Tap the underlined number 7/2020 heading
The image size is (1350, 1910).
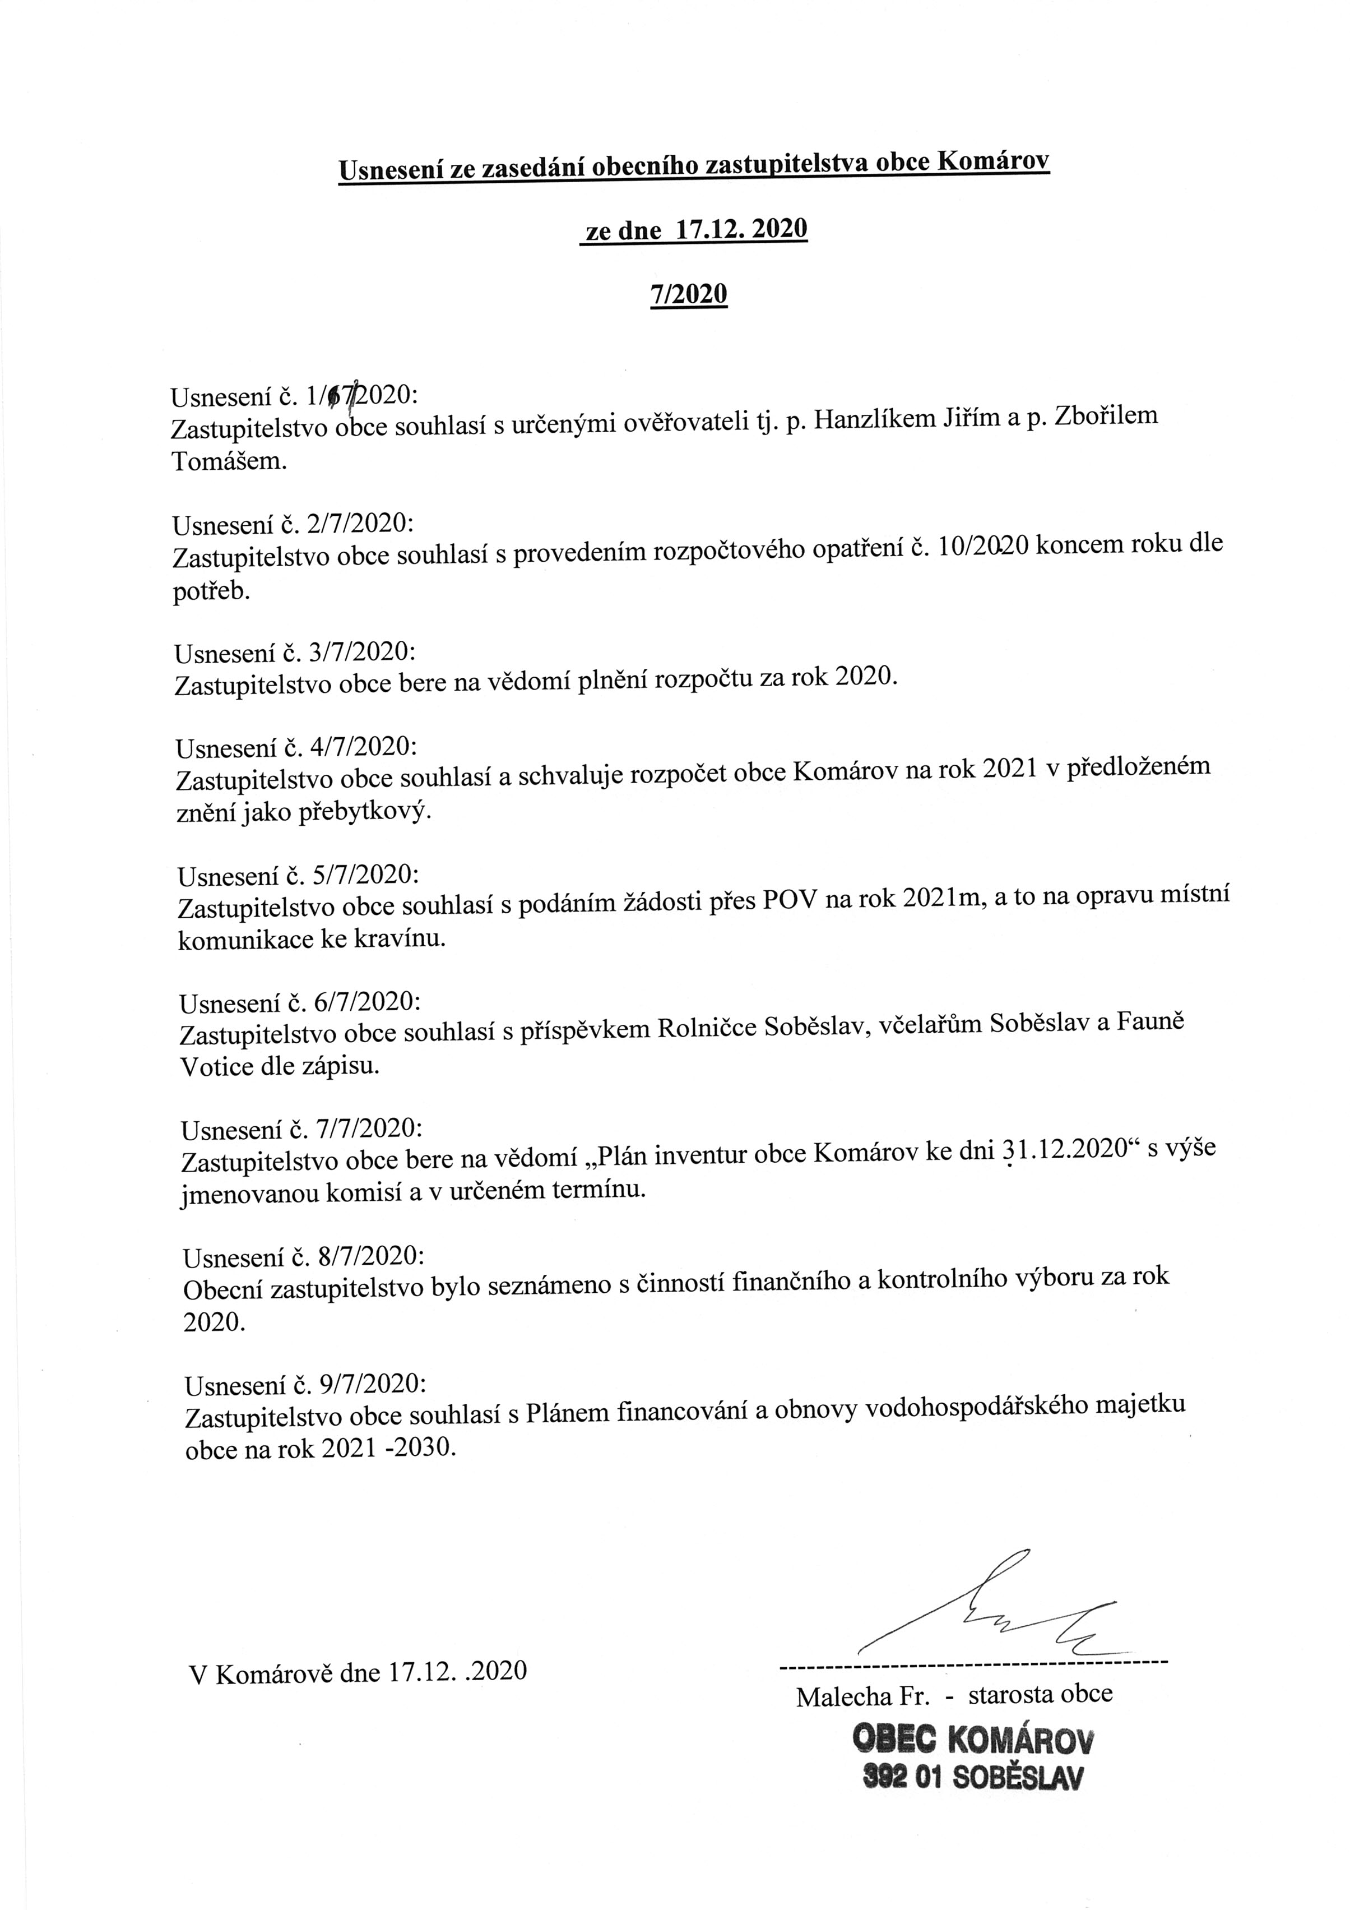click(689, 294)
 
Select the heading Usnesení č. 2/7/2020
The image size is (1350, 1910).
click(293, 524)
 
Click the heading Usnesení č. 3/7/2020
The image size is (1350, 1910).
click(294, 651)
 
